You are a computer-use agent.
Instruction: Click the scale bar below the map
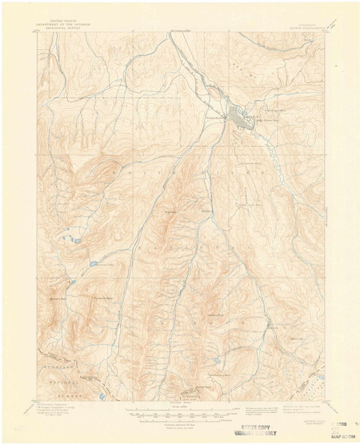click(180, 413)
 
